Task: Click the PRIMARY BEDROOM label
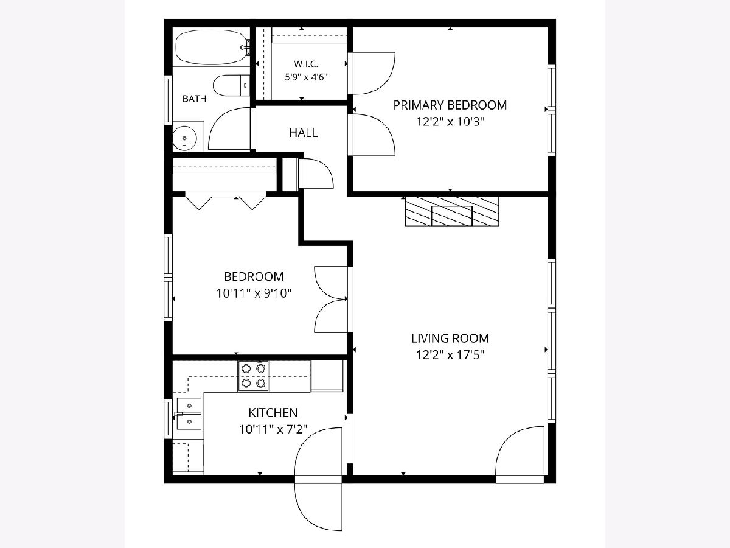click(450, 105)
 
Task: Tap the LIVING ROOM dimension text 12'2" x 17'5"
click(450, 356)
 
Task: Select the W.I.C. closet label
click(306, 63)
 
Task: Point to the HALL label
click(304, 133)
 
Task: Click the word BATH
click(195, 99)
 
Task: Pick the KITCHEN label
click(273, 413)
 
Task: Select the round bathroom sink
click(184, 138)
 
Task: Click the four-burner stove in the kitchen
click(254, 376)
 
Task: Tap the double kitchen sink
click(189, 414)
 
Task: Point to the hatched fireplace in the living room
click(451, 211)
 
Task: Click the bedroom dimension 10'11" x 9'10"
click(254, 294)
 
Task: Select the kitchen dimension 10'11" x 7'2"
click(273, 429)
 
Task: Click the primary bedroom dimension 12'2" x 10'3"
click(450, 122)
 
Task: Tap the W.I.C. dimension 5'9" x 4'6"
click(307, 77)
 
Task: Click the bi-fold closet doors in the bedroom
click(226, 202)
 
